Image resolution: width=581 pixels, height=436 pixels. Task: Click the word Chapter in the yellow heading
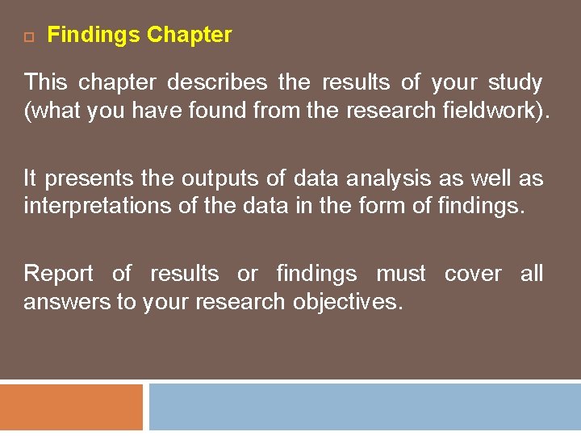click(190, 35)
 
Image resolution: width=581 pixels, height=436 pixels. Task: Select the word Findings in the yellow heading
click(94, 36)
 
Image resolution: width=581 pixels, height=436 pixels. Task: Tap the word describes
click(217, 82)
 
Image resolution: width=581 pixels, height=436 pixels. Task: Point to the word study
click(515, 82)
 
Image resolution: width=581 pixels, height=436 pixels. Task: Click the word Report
click(59, 274)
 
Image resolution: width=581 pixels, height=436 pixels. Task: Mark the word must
click(401, 274)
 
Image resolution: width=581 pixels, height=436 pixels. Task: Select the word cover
click(473, 274)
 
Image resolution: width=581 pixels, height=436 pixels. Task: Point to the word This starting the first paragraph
click(45, 82)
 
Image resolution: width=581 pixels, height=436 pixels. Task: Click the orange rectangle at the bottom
click(71, 408)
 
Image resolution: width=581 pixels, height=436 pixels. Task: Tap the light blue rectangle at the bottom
click(365, 408)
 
